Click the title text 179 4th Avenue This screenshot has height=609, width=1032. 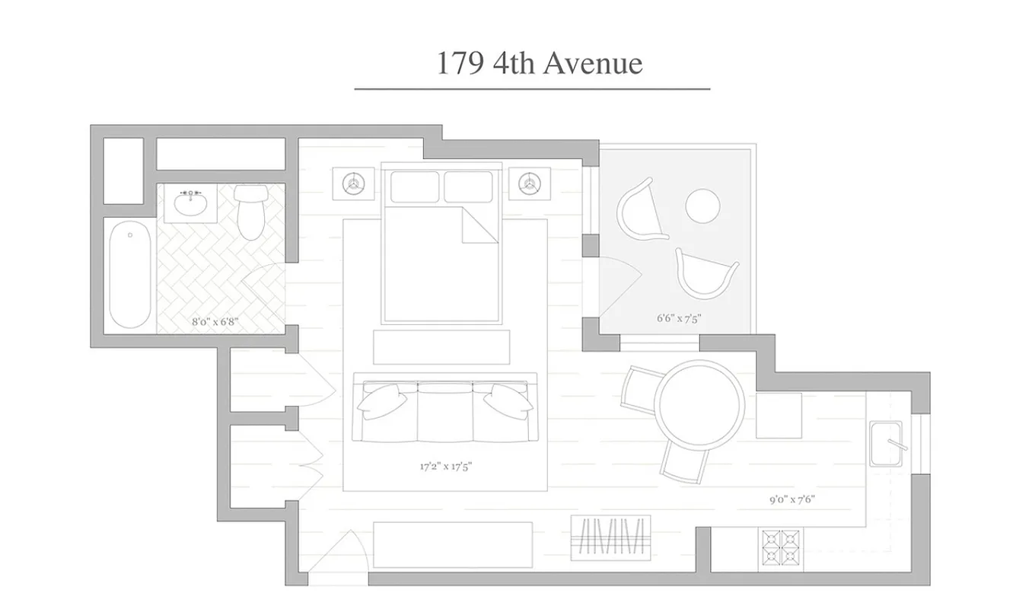pos(539,63)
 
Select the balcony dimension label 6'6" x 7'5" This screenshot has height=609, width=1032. pos(678,319)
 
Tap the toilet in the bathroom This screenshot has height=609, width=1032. pos(250,212)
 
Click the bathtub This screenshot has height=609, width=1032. pos(129,274)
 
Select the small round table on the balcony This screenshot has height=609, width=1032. pos(702,205)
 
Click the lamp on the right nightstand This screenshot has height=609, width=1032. pos(528,182)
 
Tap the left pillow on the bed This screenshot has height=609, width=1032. pos(414,187)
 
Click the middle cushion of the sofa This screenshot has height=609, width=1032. pos(445,412)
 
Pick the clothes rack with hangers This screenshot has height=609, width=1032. pos(612,537)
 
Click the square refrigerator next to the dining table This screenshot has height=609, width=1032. pos(778,416)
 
